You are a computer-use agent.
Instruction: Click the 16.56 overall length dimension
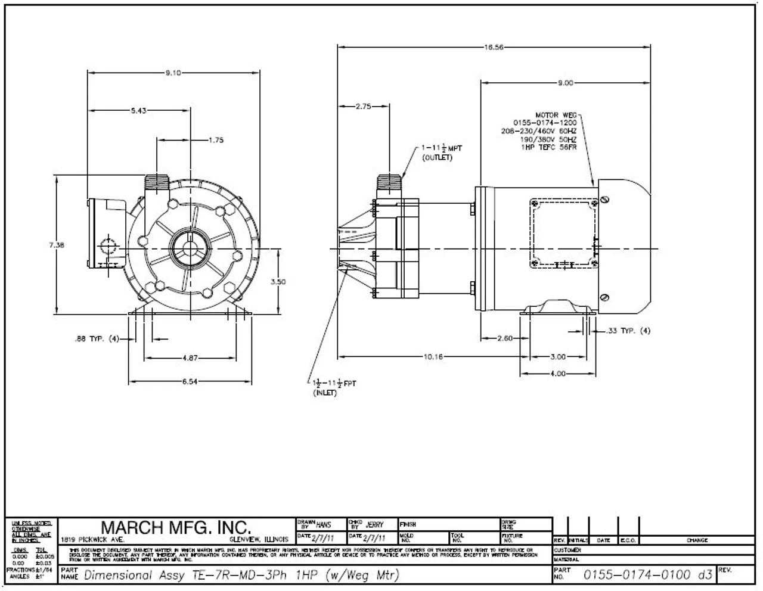494,47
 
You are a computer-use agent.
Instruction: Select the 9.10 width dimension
173,73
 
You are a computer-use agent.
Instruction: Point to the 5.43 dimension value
138,110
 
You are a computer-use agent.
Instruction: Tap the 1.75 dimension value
216,141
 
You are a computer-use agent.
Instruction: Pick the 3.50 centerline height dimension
278,282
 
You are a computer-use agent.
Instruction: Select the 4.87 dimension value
190,358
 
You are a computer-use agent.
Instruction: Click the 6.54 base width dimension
190,382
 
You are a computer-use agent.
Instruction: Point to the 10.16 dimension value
433,357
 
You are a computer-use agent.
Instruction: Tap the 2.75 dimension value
363,107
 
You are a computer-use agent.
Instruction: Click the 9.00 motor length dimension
565,83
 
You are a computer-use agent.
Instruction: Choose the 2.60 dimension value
504,338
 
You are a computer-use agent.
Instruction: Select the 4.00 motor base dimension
557,374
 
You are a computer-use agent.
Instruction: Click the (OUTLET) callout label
437,158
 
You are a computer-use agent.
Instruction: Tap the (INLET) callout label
325,393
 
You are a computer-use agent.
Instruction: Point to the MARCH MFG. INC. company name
176,527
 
